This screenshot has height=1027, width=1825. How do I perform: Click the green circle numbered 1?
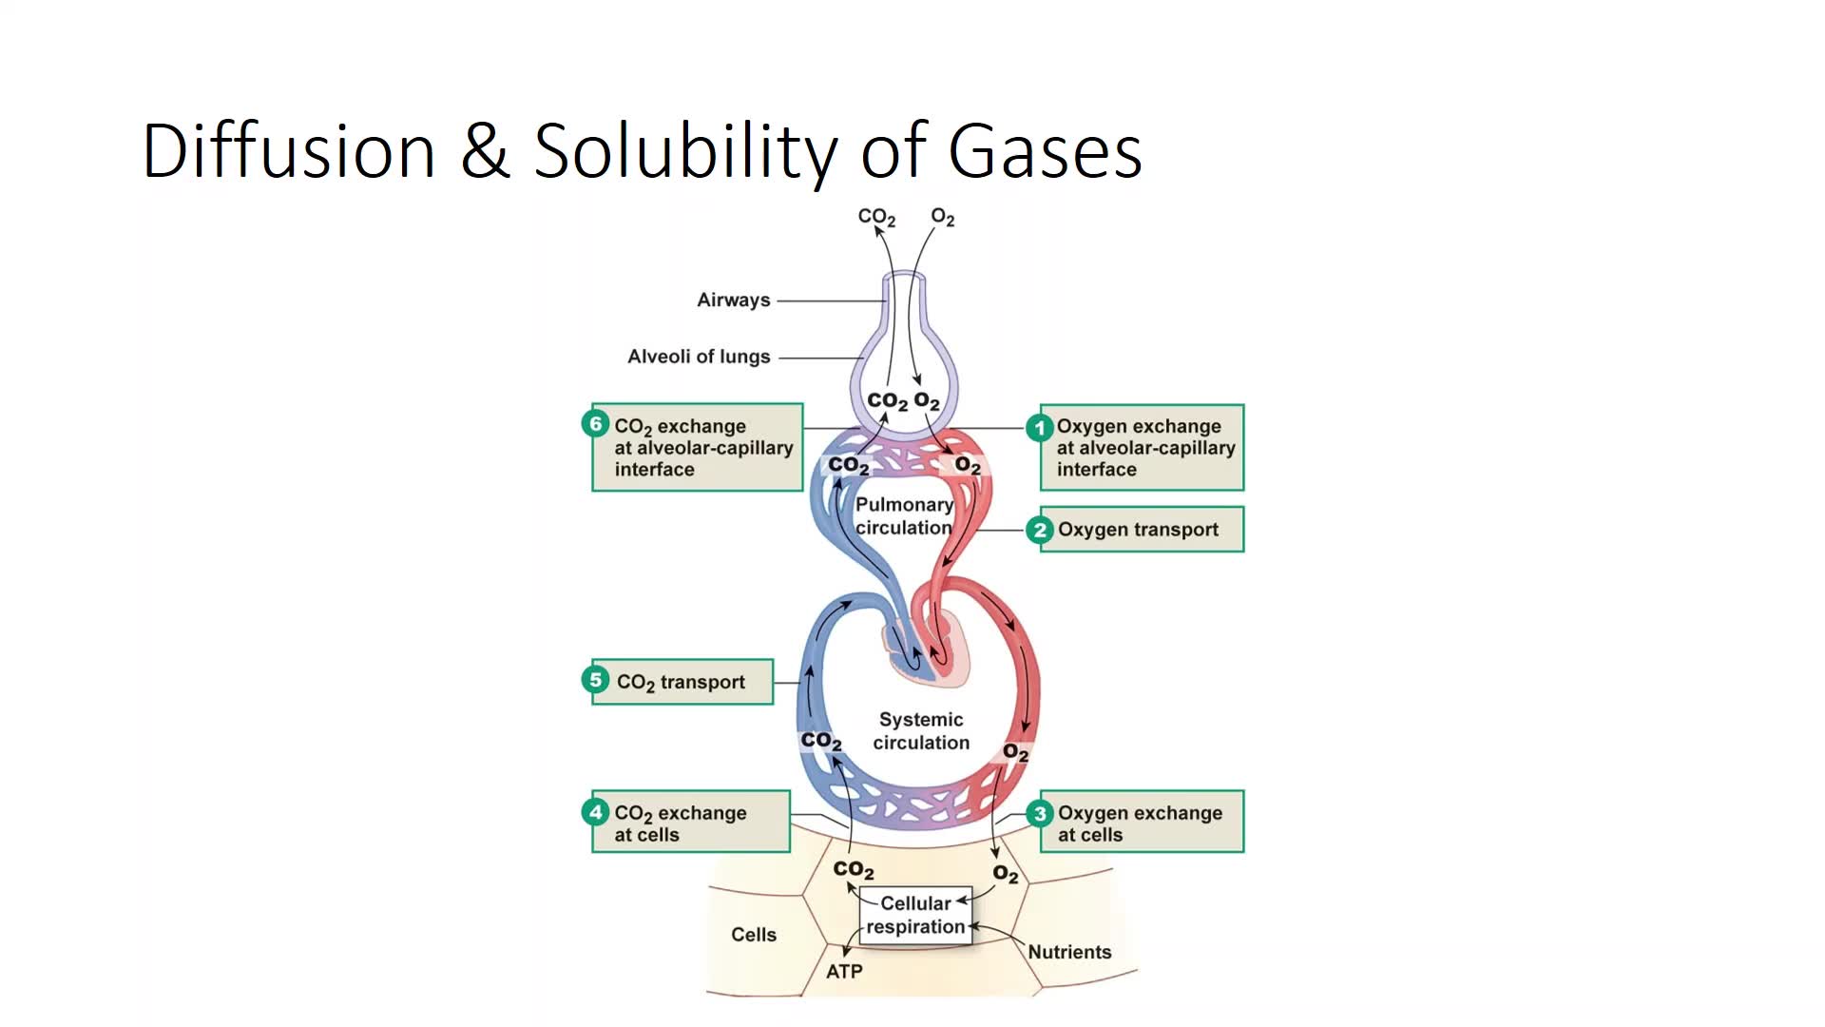click(1039, 428)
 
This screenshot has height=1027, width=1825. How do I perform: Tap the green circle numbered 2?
click(1039, 530)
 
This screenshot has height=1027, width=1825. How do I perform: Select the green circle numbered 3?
click(1039, 814)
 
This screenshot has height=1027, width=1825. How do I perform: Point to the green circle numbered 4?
click(595, 812)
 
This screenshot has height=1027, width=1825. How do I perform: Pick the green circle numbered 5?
click(595, 680)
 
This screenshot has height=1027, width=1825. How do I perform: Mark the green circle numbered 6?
click(595, 424)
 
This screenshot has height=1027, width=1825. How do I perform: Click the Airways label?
click(733, 300)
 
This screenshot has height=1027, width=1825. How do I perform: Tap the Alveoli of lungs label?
click(699, 357)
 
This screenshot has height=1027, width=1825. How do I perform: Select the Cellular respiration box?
click(915, 915)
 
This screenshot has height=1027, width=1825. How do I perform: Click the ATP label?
click(844, 972)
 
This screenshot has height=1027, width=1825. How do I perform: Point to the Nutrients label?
click(1069, 952)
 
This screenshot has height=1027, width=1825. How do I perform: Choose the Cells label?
click(754, 935)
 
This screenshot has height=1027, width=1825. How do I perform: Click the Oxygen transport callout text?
click(1138, 530)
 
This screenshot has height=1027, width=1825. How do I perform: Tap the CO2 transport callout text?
click(681, 682)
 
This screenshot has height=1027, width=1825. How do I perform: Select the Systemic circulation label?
click(921, 731)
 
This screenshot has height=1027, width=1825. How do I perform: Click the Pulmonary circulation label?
click(903, 516)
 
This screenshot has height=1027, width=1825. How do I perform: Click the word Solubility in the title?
click(685, 152)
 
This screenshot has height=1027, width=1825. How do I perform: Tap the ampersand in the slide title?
click(485, 152)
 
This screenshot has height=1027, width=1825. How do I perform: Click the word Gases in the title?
click(1045, 152)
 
